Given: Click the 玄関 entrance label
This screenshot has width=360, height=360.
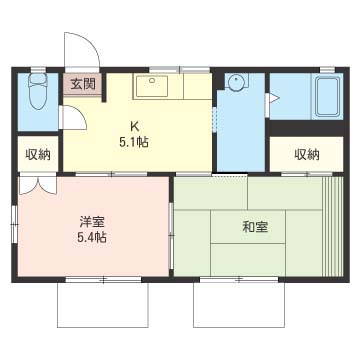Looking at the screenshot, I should coord(82,84).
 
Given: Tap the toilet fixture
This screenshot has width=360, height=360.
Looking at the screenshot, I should coord(39,95).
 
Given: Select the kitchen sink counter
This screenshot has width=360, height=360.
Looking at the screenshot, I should coord(154,86).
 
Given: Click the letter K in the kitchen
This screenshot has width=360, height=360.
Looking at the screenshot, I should coord(133,126).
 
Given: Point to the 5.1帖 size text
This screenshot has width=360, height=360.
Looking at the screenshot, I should coord(133,142).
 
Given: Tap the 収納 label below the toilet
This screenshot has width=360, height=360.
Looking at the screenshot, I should coord(38,154).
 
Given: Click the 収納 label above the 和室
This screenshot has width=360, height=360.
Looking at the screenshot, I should coord(307,154).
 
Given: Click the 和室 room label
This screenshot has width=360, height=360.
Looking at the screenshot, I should coord(254,226).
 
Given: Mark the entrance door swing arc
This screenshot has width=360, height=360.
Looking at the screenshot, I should coord(83,50).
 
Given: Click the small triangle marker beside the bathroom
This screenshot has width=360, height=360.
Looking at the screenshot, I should coord(273,98).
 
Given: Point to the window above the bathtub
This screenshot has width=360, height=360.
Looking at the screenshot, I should coord(324,69).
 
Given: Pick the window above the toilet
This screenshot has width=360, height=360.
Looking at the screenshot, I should coord(39,69).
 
